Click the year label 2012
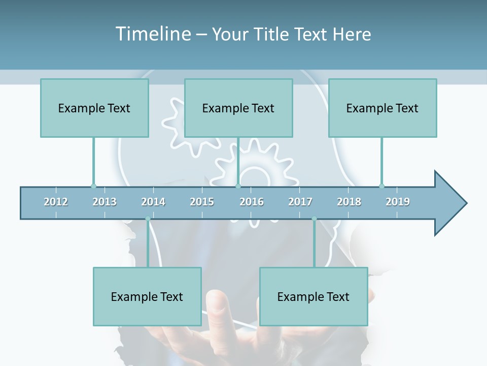coord(56,202)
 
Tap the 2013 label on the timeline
coord(105,202)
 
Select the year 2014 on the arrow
coord(153,202)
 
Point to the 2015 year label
coord(202,202)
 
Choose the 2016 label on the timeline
coord(252,202)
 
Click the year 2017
coord(300,202)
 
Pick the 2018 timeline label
coord(349,202)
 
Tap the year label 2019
coord(398,202)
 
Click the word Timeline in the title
coord(153,34)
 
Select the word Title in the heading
coord(272,34)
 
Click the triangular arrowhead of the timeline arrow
coord(449,203)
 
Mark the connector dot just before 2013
coord(93,186)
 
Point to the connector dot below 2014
coord(148,219)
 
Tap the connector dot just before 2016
coord(238,186)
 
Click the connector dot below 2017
coord(314,219)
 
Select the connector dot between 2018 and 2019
coord(381,186)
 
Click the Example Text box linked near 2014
coord(147,296)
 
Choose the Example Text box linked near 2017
coord(314,296)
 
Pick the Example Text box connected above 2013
coord(94,108)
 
